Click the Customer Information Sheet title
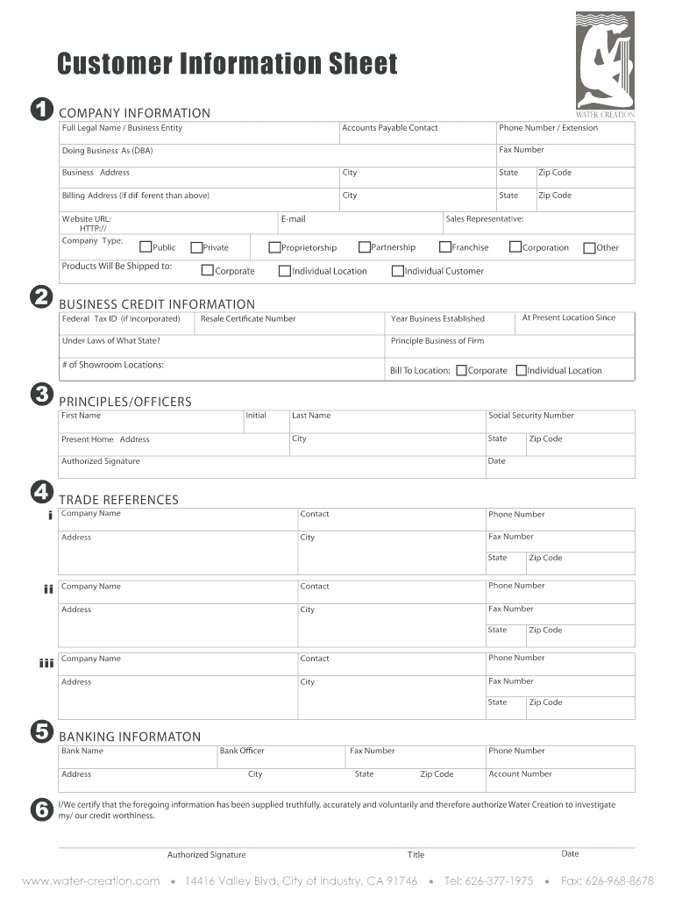[227, 64]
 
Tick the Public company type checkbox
[146, 247]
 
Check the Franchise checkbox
[445, 247]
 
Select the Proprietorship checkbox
[274, 247]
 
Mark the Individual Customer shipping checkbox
[398, 271]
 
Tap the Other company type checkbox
[589, 247]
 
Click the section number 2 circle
[40, 298]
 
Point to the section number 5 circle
[40, 731]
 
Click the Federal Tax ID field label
[120, 318]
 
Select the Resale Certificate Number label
[248, 318]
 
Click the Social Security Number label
[530, 416]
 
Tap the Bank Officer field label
[242, 751]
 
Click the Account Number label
[520, 773]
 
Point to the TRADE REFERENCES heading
[118, 500]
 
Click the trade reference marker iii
[46, 663]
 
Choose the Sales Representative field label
[484, 218]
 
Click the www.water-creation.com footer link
[91, 880]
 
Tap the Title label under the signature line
[416, 855]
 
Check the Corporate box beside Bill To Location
[462, 370]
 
